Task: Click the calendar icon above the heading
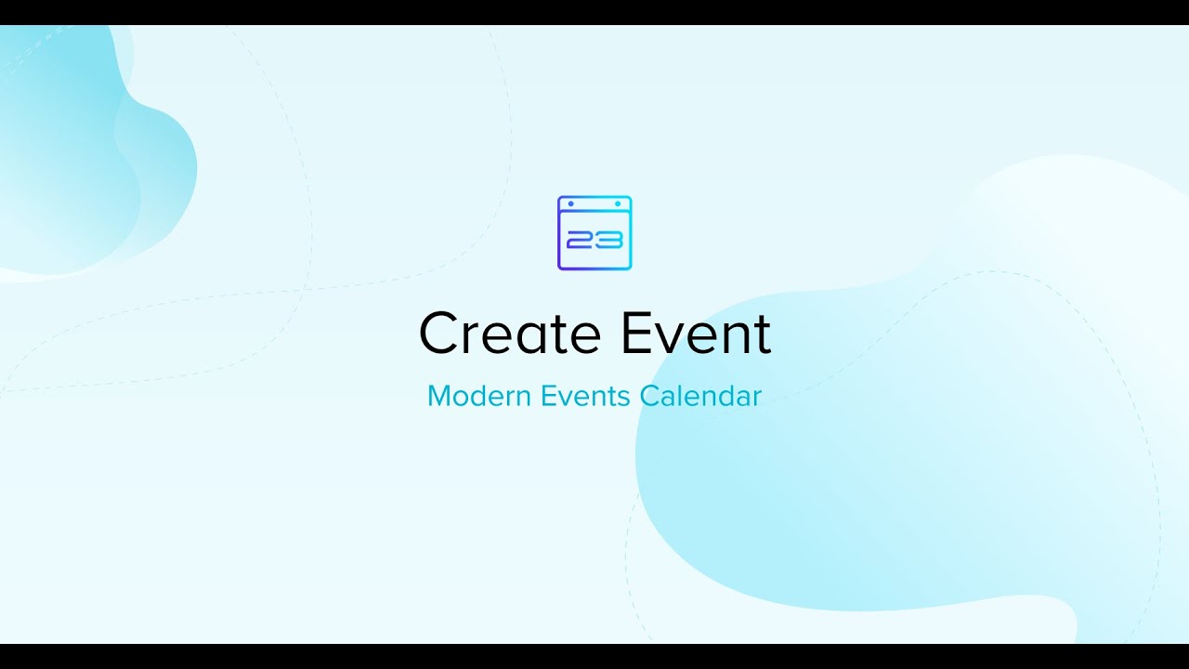594,233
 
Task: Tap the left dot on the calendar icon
571,203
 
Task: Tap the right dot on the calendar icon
618,203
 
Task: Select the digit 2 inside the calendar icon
580,240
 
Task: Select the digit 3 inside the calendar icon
609,240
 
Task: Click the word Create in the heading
510,333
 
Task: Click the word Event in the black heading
696,333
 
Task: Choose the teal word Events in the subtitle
585,396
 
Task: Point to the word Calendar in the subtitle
700,396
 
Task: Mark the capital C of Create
438,333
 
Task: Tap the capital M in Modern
440,396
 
